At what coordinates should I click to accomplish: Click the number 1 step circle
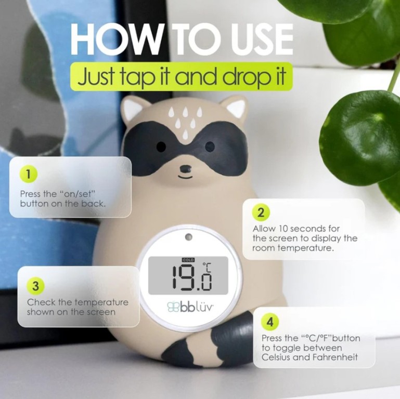pos(29,175)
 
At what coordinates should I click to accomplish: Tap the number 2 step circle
pos(261,212)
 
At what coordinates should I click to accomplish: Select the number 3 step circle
pos(36,286)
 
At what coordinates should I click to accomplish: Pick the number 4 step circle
pos(270,322)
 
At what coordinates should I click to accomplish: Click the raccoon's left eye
pos(161,147)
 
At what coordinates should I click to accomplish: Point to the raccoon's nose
pos(186,168)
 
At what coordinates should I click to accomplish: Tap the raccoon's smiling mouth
pos(186,177)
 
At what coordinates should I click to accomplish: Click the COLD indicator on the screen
pos(188,260)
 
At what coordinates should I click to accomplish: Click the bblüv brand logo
pos(190,307)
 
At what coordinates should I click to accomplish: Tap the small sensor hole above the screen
pos(189,237)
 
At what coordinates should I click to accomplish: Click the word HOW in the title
pos(116,39)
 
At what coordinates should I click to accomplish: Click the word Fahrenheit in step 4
pos(335,357)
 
